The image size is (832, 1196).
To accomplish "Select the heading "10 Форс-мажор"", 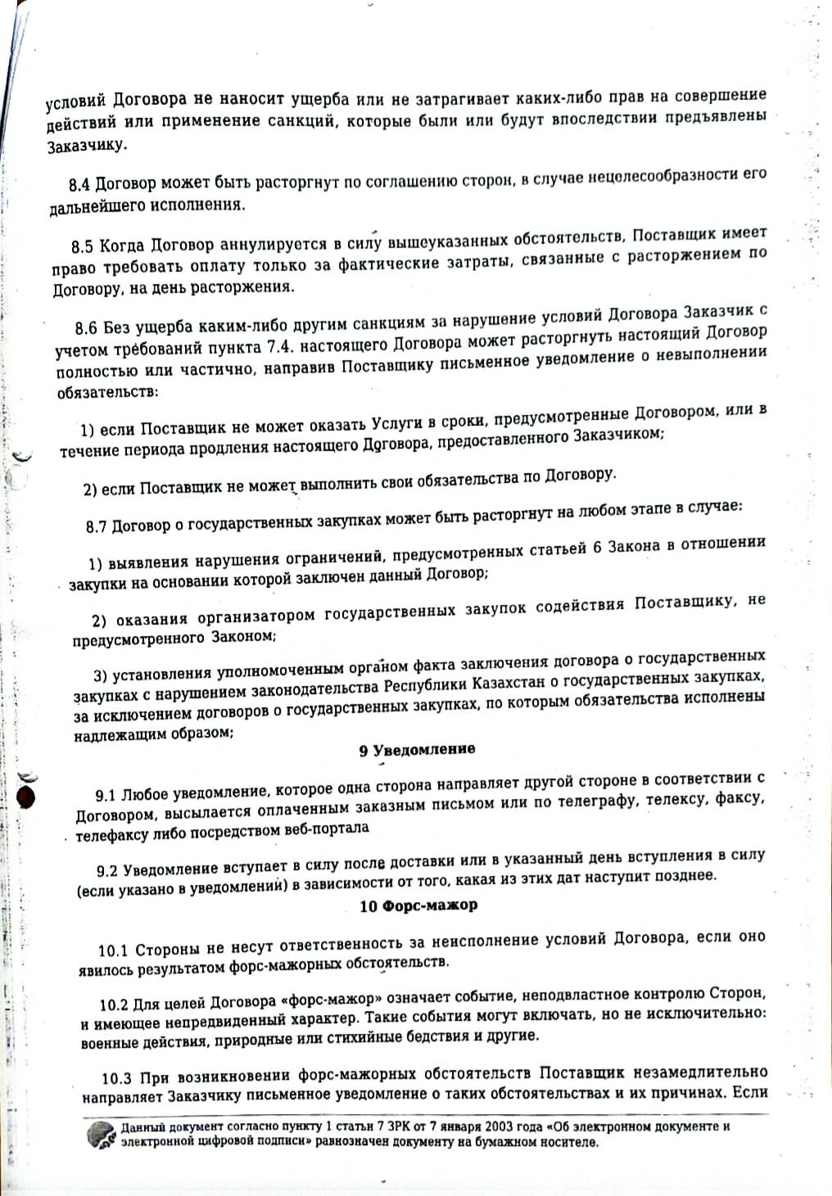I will [418, 905].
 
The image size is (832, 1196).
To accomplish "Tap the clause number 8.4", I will [79, 185].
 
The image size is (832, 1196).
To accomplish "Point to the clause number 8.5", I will [83, 246].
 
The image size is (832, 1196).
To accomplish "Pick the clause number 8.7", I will [97, 526].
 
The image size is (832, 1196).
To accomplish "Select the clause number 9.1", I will [106, 796].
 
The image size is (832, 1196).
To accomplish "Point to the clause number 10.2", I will [115, 1004].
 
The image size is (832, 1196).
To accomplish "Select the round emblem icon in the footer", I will [102, 1135].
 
